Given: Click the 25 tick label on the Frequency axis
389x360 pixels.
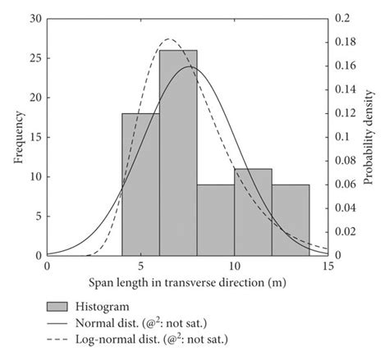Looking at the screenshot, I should pyautogui.click(x=34, y=58).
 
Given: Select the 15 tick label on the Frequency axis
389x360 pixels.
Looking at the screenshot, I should pyautogui.click(x=34, y=137).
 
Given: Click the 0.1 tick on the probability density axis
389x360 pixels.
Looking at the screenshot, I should pyautogui.click(x=340, y=137).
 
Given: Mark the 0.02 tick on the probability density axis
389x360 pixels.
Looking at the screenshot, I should pyautogui.click(x=342, y=232).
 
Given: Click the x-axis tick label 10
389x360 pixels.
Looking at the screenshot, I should pyautogui.click(x=235, y=267).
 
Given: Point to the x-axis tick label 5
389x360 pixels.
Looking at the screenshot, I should pyautogui.click(x=140, y=267).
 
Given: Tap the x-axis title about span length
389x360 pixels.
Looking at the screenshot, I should pyautogui.click(x=188, y=283).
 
